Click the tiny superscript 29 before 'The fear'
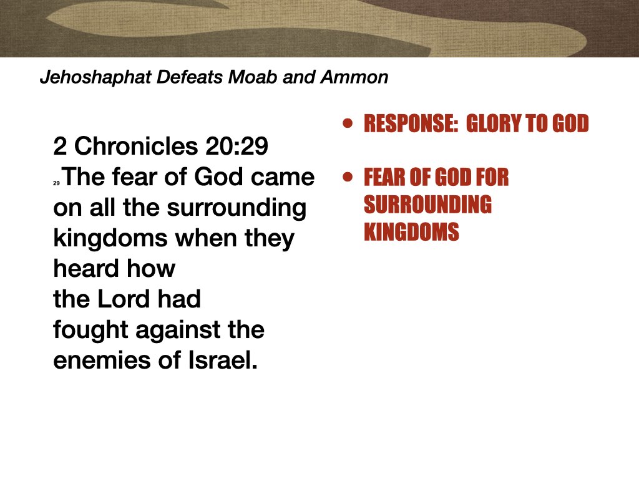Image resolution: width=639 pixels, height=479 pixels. [56, 183]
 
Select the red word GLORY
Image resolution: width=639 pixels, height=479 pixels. [494, 124]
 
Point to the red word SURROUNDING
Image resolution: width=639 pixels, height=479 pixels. [427, 205]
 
